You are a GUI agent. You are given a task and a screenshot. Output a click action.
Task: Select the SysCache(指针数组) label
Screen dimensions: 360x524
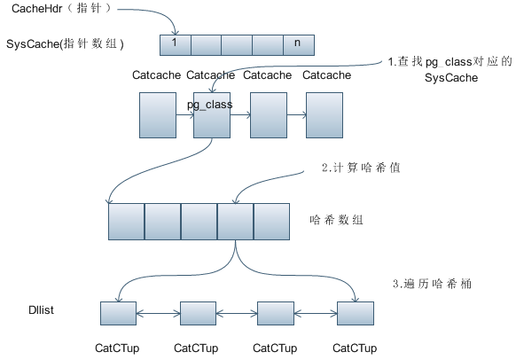(65, 43)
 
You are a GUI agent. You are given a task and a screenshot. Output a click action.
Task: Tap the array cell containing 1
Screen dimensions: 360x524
(175, 43)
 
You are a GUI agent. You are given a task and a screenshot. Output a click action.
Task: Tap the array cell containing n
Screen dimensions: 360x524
(298, 43)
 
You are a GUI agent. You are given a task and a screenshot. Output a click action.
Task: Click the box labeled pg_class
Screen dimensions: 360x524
(211, 116)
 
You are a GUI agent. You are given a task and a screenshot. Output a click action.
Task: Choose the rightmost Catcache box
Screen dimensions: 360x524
(324, 115)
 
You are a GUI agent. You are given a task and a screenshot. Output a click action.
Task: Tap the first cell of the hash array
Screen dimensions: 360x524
(126, 222)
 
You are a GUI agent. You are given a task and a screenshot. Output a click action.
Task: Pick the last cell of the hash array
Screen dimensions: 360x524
(270, 222)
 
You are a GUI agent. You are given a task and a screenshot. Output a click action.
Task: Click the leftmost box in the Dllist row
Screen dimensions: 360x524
(118, 313)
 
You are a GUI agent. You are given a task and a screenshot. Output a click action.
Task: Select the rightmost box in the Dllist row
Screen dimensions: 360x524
(356, 313)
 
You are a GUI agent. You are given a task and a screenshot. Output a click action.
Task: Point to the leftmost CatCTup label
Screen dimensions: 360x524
(117, 348)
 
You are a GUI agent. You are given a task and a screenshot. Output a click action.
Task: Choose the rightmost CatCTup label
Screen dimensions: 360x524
(355, 348)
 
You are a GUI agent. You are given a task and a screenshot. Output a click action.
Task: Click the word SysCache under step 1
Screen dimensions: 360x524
(451, 78)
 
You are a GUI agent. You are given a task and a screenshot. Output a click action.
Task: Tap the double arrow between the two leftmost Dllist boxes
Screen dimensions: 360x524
(158, 313)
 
